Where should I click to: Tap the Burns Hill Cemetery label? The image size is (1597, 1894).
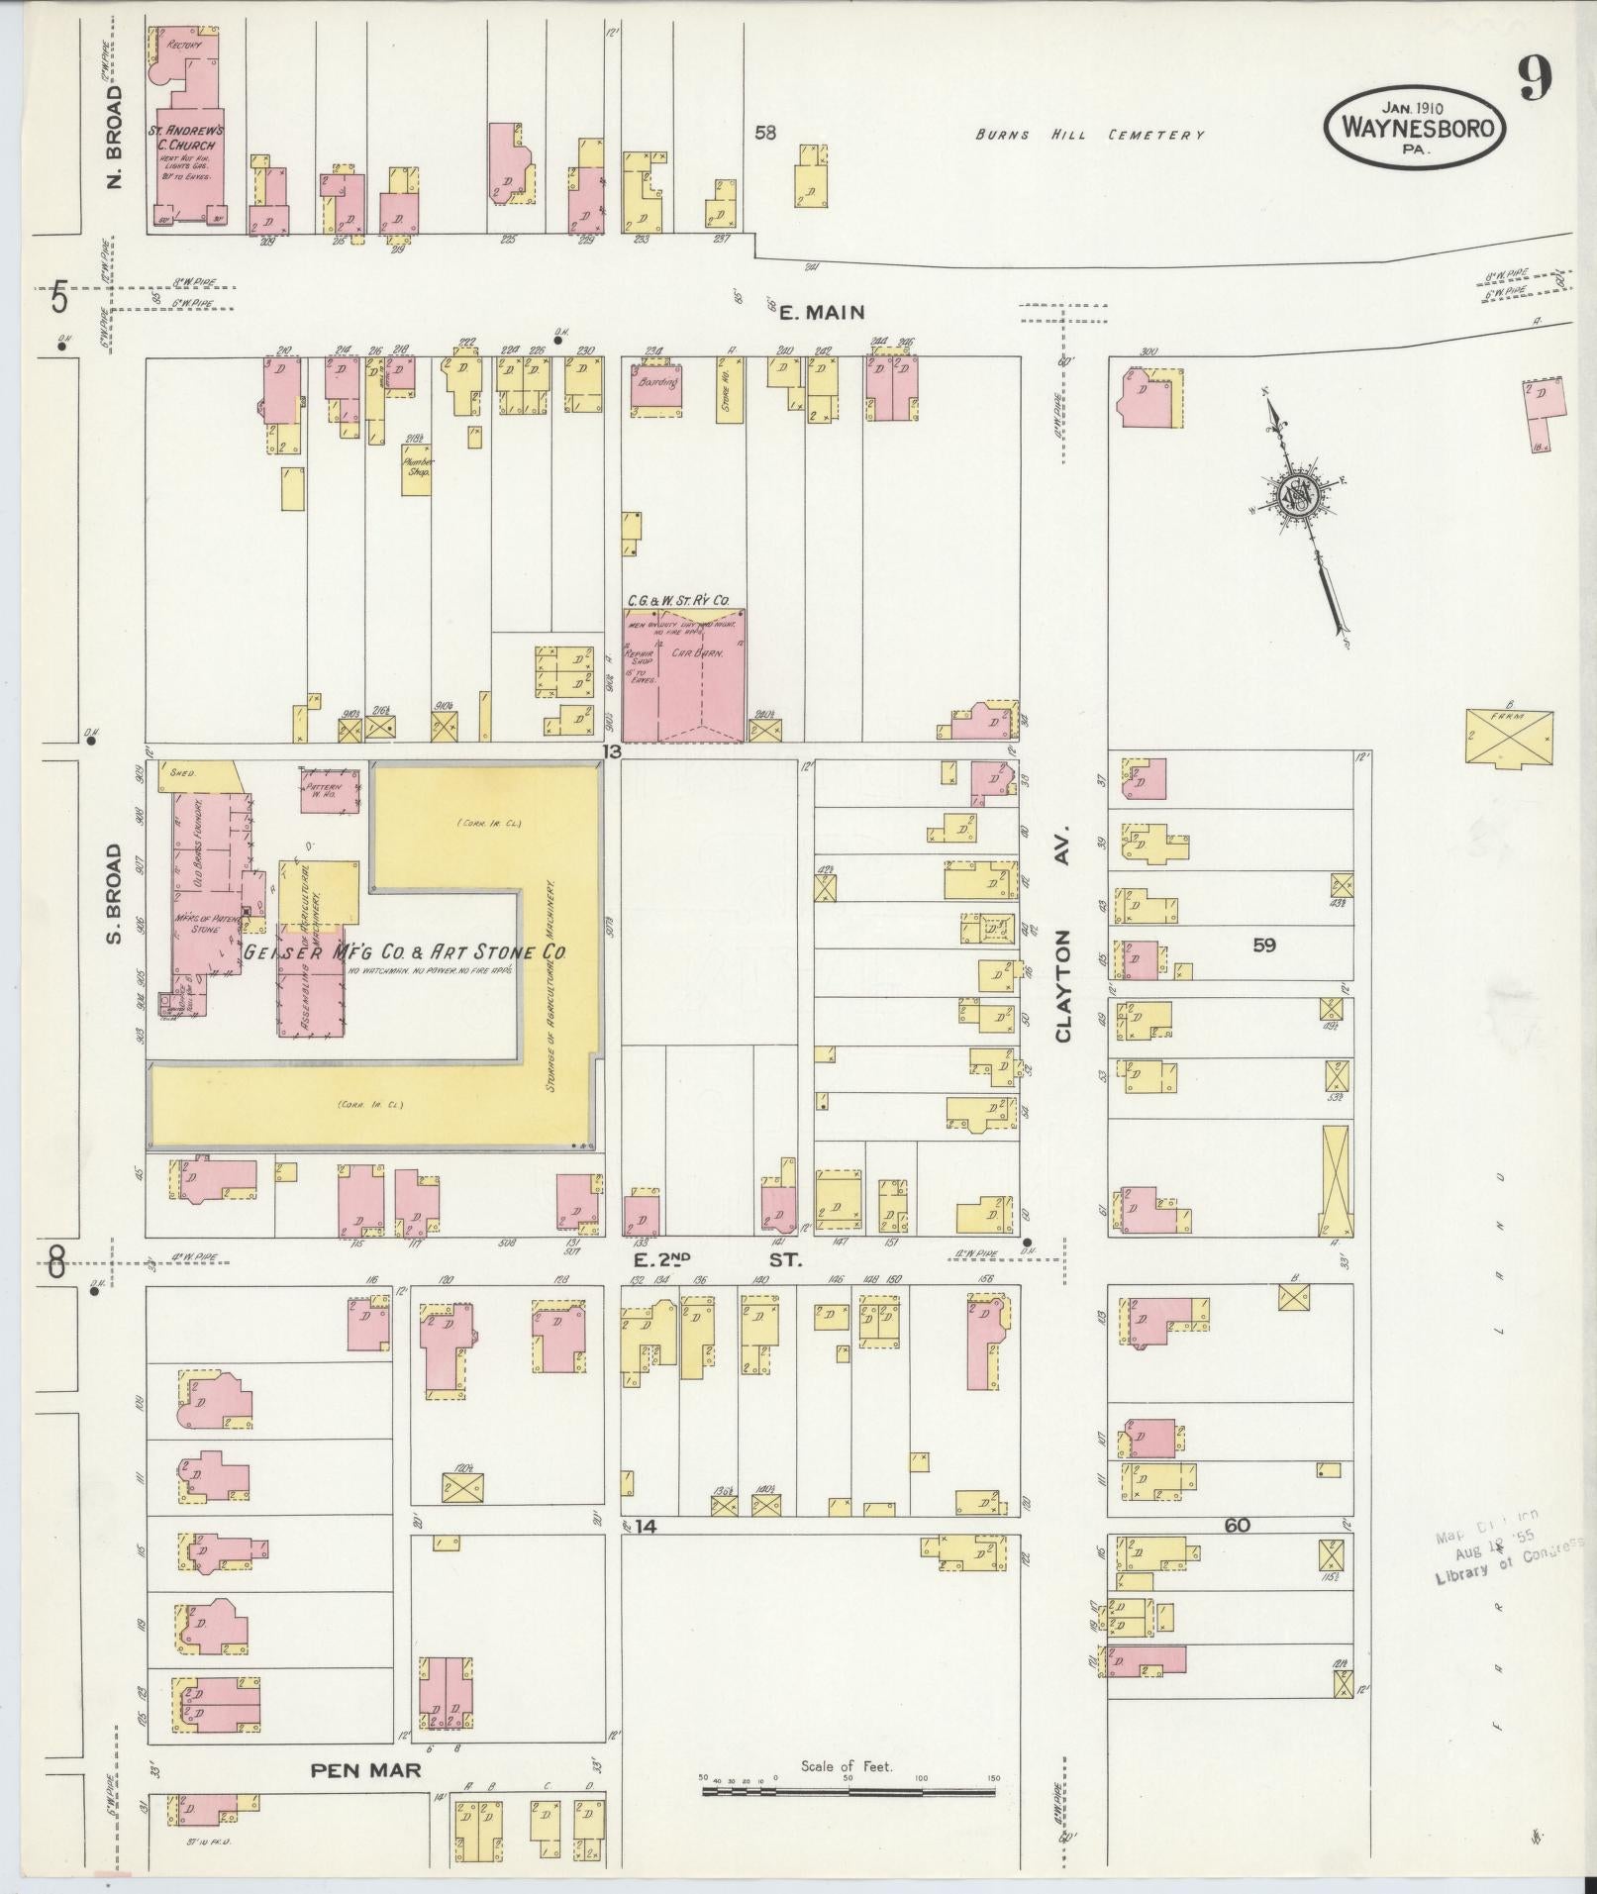click(x=1089, y=135)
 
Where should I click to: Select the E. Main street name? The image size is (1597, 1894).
click(x=821, y=312)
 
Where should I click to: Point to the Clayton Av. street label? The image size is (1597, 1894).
click(x=1064, y=985)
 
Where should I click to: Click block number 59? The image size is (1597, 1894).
click(x=1263, y=945)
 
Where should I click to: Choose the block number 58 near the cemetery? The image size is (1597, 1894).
click(x=764, y=133)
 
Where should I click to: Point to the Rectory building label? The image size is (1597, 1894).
click(x=185, y=46)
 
